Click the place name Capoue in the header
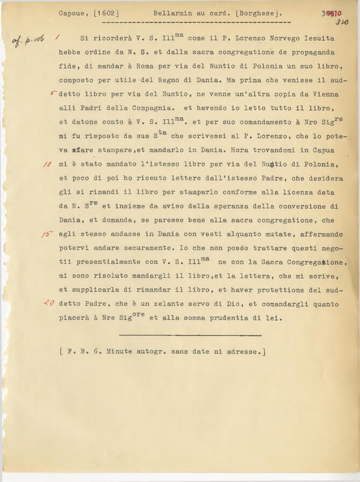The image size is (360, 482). [71, 14]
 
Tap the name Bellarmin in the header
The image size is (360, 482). [173, 14]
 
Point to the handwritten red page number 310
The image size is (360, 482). [342, 22]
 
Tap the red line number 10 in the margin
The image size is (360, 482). [47, 164]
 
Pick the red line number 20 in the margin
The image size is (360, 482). [48, 303]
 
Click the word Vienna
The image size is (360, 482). [326, 94]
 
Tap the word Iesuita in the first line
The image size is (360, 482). [319, 38]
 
